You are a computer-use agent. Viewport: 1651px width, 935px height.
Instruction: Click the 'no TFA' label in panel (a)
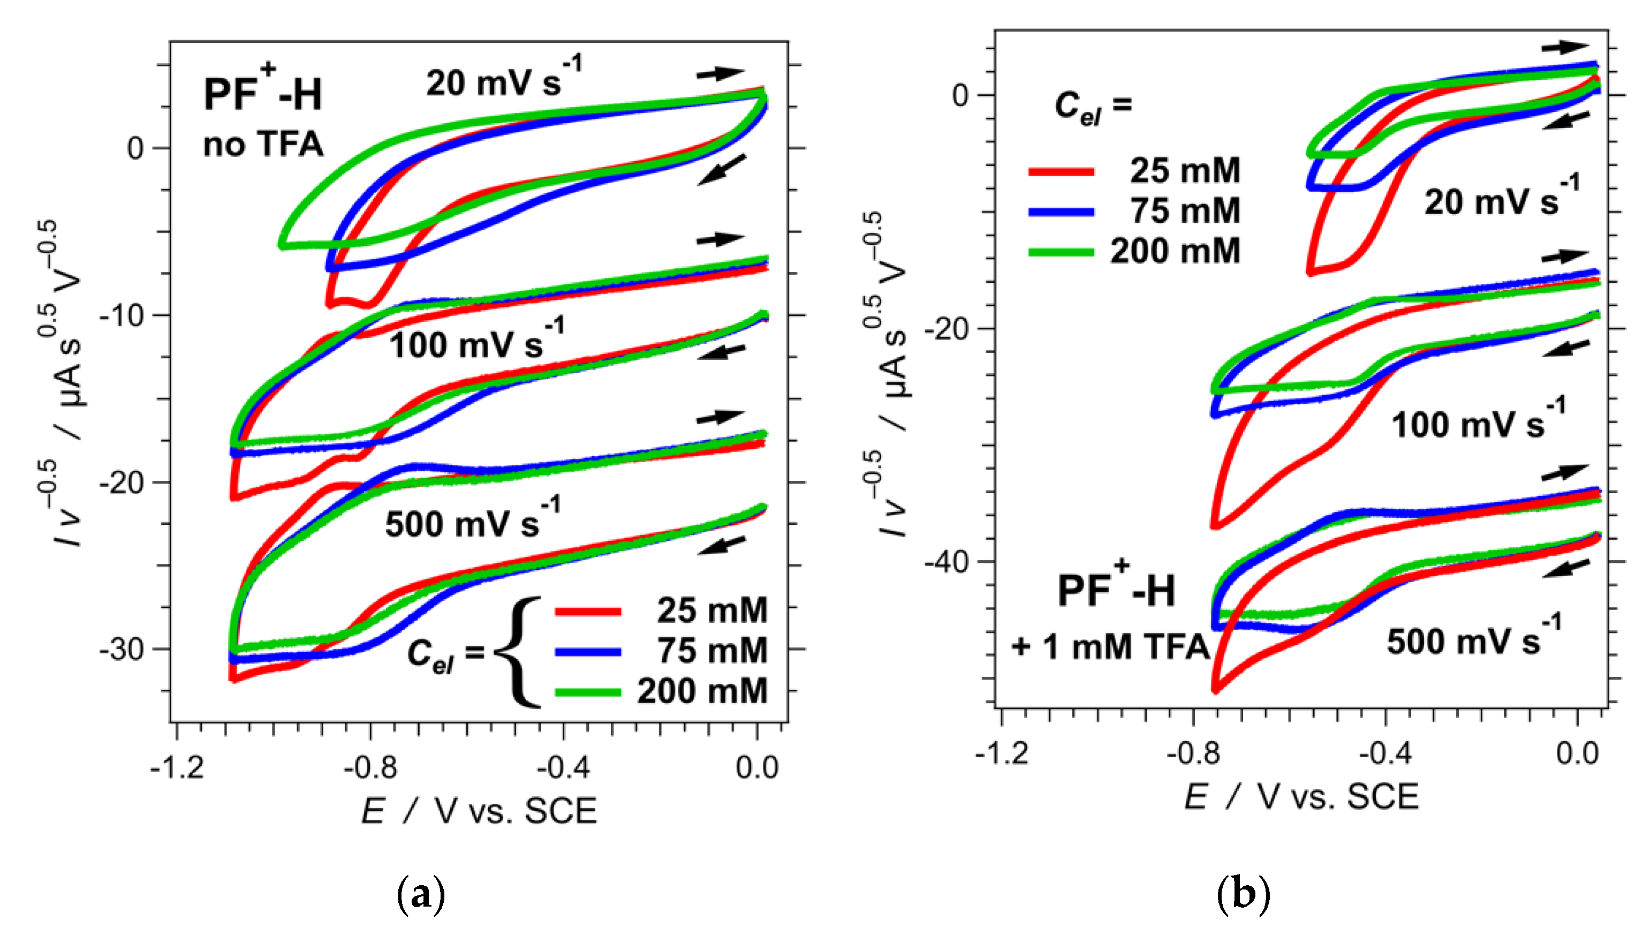click(263, 144)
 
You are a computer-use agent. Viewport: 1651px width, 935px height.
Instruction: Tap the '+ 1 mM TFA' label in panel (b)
click(1110, 647)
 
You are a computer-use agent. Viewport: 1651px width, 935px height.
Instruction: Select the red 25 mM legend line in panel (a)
click(587, 612)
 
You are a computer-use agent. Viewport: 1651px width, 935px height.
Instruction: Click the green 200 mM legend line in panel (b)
click(1061, 252)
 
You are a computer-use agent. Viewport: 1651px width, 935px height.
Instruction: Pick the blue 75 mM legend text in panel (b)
click(1185, 210)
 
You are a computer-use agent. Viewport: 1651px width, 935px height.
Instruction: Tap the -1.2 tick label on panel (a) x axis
click(177, 767)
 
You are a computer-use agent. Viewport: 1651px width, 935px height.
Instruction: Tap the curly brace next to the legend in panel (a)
click(519, 652)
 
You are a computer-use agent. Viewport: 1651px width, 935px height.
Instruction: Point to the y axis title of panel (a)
click(64, 386)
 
